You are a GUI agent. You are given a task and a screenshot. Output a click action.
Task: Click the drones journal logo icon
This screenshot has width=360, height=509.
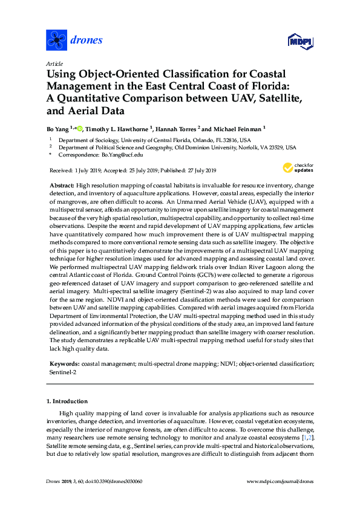pyautogui.click(x=56, y=41)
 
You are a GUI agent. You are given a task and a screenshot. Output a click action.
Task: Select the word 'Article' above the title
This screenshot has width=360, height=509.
pyautogui.click(x=54, y=63)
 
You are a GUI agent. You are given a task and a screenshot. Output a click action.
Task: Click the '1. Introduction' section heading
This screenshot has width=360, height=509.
pyautogui.click(x=67, y=401)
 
